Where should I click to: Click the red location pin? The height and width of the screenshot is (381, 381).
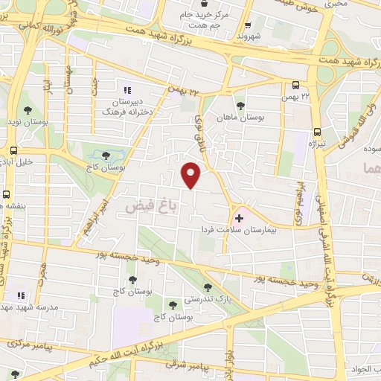[192, 173]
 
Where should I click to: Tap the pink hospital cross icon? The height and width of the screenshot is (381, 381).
[239, 217]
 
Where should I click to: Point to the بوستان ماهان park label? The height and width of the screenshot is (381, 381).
[241, 117]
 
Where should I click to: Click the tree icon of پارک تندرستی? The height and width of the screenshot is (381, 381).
[208, 286]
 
